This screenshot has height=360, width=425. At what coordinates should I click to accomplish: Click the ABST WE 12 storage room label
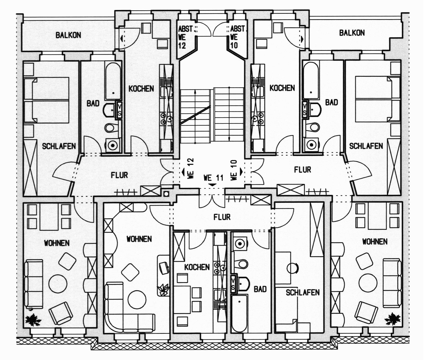185,37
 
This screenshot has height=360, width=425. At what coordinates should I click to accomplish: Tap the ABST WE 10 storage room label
237,37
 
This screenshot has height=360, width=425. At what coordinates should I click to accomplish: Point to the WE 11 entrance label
213,178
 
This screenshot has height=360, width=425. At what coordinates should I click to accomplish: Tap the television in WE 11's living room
164,268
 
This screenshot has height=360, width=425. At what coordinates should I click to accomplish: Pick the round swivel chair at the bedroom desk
292,268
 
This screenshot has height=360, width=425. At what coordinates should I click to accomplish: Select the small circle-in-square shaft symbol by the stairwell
166,194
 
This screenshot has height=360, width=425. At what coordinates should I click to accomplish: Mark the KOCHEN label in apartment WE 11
197,267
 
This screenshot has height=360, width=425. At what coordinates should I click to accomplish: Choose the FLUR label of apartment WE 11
222,217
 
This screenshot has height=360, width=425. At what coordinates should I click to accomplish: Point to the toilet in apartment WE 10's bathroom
313,127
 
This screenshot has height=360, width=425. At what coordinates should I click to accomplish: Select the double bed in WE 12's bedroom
47,100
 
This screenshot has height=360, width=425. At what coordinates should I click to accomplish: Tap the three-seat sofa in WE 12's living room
34,284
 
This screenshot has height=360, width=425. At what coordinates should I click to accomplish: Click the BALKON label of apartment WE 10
352,33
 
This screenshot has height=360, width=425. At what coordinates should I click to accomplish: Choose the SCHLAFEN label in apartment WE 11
303,292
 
